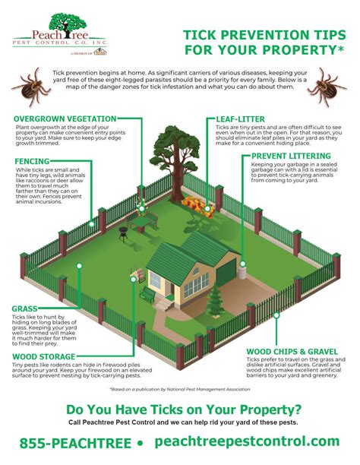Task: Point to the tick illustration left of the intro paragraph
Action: pos(29,86)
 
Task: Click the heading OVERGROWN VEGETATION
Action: pos(65,119)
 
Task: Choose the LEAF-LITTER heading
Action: pos(236,120)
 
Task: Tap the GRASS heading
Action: pos(24,308)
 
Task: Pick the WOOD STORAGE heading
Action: pos(43,356)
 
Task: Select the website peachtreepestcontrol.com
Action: pos(248,441)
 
